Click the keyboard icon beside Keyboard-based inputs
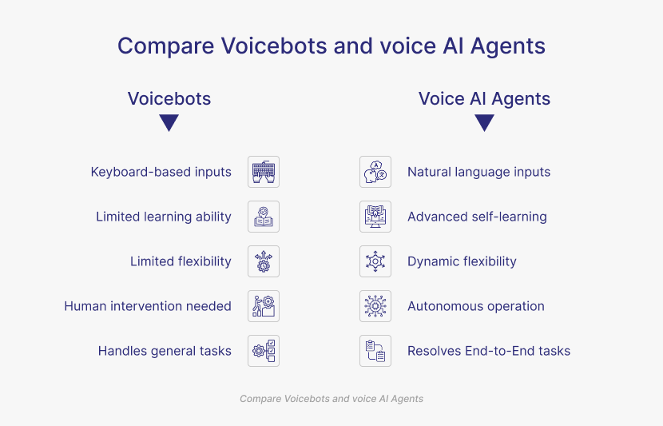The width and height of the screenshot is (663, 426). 264,172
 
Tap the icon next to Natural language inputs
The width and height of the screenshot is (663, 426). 375,172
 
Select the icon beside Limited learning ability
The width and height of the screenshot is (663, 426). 264,217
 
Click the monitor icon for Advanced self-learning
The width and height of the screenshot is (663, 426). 375,217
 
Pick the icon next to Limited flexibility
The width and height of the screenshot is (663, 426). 264,261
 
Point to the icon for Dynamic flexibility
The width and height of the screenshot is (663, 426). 375,261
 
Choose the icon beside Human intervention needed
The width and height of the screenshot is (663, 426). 264,306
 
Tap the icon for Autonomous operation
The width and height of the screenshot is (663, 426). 375,306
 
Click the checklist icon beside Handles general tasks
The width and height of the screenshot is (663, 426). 264,351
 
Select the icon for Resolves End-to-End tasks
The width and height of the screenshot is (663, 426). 375,351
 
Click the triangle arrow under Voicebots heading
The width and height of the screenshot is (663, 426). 169,122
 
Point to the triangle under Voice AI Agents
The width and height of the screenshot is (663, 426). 485,122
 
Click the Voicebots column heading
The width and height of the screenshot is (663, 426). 169,98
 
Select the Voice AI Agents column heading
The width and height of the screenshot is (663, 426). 485,99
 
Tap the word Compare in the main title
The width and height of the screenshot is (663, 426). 166,46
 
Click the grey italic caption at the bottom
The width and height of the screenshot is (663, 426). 331,399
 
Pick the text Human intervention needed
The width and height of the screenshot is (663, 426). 148,306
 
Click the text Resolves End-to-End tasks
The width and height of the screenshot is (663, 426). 489,351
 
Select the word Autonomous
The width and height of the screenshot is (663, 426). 443,306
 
